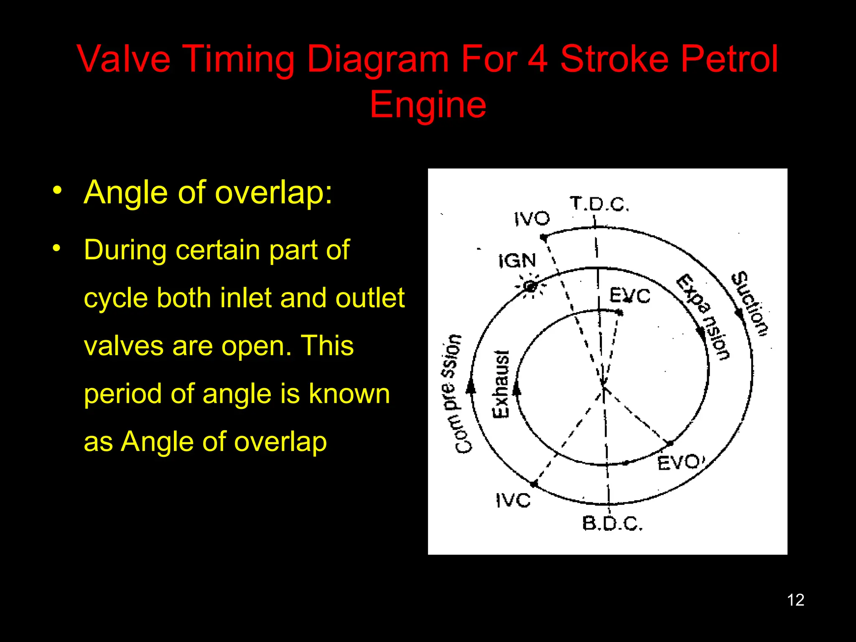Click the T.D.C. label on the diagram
tap(599, 204)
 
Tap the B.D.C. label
tap(612, 523)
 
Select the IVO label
tap(532, 218)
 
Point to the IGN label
tap(517, 261)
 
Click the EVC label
tap(630, 296)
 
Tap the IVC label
tap(513, 500)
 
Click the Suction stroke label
tap(750, 304)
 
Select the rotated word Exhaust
tap(501, 384)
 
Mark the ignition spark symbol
tap(530, 286)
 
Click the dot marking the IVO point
tap(544, 238)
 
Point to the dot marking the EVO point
tap(670, 443)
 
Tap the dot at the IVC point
tap(534, 484)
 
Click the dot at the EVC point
tap(620, 313)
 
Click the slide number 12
tap(795, 600)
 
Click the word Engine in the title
tap(428, 104)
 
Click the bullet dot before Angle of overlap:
tap(57, 191)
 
